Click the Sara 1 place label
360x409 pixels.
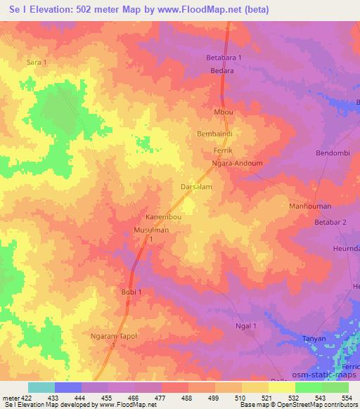(36, 63)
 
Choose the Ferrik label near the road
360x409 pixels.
(222, 151)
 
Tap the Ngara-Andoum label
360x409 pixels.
(237, 163)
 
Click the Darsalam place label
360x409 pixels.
(197, 188)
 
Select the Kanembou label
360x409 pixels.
(164, 217)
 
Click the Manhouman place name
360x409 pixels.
(309, 207)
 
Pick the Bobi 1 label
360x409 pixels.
(129, 292)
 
